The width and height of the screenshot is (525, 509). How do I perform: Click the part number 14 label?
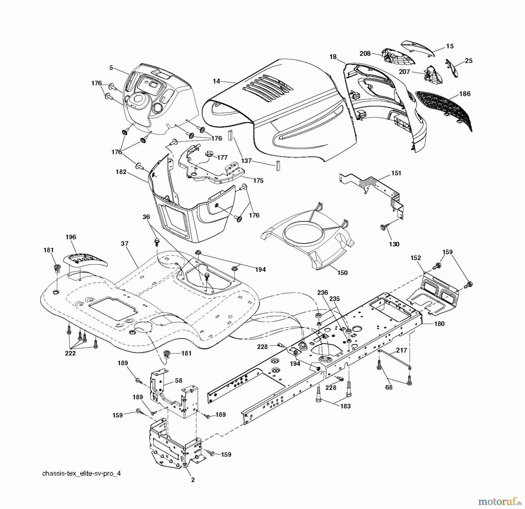tap(216, 81)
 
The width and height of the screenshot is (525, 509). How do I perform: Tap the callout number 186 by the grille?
tap(465, 94)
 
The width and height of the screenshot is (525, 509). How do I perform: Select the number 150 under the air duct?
tap(342, 273)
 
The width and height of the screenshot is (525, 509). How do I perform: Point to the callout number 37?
tap(125, 244)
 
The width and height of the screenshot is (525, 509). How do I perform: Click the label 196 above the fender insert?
tap(71, 237)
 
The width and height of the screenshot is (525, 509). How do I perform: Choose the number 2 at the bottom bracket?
tap(193, 480)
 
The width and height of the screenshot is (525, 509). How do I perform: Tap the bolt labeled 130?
tap(383, 227)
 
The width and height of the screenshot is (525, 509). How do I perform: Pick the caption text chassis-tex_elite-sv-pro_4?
tap(81, 473)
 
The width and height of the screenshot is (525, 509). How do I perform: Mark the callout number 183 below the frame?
tap(345, 406)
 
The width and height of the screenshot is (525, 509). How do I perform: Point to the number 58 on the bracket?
tap(178, 381)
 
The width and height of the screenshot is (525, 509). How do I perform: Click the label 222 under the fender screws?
tap(70, 353)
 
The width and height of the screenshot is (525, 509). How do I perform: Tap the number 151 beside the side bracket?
tap(396, 173)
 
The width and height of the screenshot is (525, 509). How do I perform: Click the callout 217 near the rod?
tap(401, 350)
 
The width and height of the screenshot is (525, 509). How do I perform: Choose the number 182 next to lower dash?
tap(121, 172)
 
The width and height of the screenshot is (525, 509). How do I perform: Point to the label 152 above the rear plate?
tap(416, 258)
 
